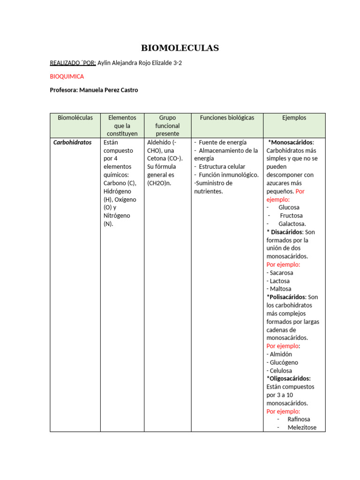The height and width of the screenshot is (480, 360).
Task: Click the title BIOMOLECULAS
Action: tap(180, 48)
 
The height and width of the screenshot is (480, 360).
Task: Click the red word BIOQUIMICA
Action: tap(67, 76)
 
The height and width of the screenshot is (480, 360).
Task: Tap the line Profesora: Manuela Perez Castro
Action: tap(94, 90)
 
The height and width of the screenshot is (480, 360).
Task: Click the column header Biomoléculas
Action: tap(75, 118)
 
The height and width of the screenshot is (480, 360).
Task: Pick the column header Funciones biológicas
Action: tap(227, 118)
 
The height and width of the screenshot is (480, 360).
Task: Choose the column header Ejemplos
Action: tap(294, 118)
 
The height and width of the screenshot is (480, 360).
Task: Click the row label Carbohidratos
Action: tap(73, 142)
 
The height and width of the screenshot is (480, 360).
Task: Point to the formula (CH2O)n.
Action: tap(159, 183)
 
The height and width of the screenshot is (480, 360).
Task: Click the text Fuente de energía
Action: tap(223, 142)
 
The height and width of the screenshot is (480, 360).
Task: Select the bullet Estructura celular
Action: tap(222, 166)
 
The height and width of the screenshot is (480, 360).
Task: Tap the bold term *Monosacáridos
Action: tap(291, 142)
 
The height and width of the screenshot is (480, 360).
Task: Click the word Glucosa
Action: tap(289, 207)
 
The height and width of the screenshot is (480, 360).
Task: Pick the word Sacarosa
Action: tap(281, 272)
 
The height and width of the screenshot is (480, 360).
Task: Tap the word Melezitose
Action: tap(302, 427)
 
